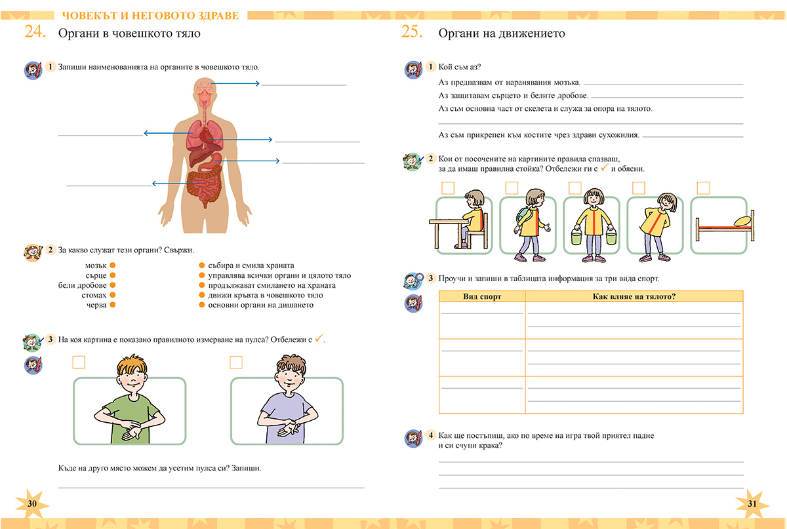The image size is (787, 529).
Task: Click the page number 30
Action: tap(33, 503)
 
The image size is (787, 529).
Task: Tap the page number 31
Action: tap(752, 503)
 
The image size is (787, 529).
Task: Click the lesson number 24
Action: tap(35, 32)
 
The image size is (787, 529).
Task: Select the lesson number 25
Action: tap(411, 32)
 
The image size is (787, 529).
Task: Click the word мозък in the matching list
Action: tap(96, 265)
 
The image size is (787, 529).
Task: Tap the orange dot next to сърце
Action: tap(113, 275)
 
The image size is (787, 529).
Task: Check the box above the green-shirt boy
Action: tap(79, 362)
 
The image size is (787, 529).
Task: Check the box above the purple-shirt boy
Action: tap(236, 362)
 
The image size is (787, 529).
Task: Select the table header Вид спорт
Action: tap(482, 297)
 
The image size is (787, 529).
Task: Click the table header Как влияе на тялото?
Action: tap(634, 297)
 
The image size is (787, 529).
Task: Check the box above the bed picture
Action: tap(703, 188)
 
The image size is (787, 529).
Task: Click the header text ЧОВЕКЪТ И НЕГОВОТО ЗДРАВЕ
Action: tap(149, 15)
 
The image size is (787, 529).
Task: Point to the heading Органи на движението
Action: tap(502, 33)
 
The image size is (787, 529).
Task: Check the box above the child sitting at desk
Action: tap(448, 188)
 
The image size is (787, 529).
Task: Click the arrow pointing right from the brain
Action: tap(236, 84)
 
